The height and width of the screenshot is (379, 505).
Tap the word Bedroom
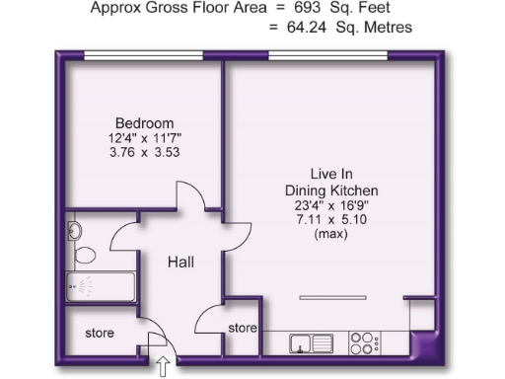pos(136,123)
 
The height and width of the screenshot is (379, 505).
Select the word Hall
pos(180,263)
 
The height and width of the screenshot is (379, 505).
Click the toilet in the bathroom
pos(83,256)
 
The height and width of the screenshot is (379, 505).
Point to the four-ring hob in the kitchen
pos(363,342)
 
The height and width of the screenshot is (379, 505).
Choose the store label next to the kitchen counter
pos(243,328)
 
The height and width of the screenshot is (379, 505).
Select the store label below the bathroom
pos(99,334)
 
